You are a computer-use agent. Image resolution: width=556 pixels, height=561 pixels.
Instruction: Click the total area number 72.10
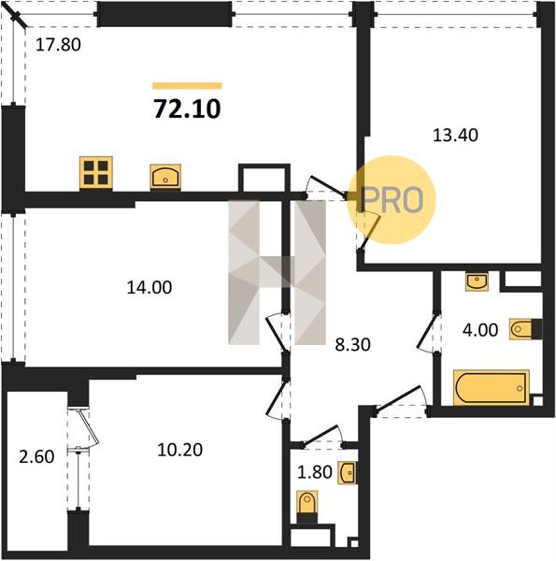187,108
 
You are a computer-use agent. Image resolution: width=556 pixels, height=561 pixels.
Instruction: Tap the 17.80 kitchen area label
58,45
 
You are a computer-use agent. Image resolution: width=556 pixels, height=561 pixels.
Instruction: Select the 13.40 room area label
455,136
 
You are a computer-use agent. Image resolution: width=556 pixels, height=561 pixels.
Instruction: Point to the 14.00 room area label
150,287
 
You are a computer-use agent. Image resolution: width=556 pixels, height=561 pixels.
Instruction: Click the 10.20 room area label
179,450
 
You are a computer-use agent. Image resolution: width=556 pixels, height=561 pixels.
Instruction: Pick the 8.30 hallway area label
352,345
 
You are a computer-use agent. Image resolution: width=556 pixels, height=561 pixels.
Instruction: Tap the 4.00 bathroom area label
480,330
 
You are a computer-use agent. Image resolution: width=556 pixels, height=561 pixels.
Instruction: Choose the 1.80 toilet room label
315,472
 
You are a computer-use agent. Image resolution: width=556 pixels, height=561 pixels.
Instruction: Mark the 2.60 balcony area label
36,457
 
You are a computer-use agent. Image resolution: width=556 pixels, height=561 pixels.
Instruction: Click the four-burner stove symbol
96,173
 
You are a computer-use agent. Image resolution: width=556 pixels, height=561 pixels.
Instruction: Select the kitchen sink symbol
165,176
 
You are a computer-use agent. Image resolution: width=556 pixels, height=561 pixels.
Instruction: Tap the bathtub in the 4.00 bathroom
492,388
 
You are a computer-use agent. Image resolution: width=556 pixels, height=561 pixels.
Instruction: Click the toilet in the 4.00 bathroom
525,328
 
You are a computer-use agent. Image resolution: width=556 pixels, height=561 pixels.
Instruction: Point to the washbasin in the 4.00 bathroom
477,281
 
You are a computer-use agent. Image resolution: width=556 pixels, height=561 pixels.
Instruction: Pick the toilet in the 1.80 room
307,507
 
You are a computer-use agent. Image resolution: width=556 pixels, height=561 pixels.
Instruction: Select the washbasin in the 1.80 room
348,473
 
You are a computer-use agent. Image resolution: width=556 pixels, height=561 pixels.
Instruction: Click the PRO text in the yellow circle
392,200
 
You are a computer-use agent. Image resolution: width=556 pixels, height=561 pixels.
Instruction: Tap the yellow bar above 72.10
187,85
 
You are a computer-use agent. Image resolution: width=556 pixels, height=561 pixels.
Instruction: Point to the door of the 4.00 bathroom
429,333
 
